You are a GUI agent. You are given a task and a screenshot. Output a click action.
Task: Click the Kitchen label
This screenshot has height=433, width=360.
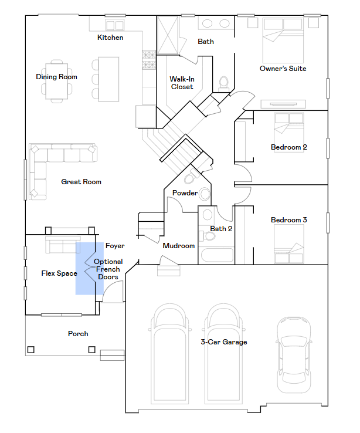(110, 38)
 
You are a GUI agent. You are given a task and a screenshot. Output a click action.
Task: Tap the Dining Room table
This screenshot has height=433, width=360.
(56, 81)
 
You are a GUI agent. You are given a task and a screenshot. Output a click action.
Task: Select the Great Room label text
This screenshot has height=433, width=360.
(81, 182)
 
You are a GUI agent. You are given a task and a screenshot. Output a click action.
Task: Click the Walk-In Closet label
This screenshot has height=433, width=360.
(182, 83)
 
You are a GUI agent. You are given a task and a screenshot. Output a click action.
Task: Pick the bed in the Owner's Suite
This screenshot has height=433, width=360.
(283, 40)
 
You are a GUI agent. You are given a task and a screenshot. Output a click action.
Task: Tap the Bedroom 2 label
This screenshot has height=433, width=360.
(289, 147)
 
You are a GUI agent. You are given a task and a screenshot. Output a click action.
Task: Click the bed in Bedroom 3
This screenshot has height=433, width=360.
(289, 244)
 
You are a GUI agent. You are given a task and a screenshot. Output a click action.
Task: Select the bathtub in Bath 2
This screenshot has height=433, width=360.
(217, 255)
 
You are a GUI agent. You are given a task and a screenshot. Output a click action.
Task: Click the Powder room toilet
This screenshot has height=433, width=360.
(191, 177)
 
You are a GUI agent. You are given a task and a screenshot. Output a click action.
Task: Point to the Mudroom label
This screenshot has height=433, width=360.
(179, 246)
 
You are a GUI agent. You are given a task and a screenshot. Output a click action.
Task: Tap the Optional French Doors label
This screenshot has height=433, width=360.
(108, 269)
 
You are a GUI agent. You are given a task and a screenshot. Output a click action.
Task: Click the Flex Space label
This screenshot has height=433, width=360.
(59, 273)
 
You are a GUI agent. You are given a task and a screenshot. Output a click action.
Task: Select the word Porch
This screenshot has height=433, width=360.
(78, 334)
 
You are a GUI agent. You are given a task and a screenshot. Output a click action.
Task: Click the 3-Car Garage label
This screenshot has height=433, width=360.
(224, 342)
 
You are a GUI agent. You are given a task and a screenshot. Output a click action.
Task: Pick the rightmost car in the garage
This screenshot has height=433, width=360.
(294, 355)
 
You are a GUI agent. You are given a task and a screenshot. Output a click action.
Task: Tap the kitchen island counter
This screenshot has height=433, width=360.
(108, 79)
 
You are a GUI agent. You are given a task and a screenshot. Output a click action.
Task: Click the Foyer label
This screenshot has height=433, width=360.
(115, 246)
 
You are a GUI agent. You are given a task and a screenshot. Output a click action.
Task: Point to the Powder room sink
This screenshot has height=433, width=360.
(205, 194)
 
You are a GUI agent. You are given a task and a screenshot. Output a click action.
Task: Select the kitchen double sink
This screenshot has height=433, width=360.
(115, 25)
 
